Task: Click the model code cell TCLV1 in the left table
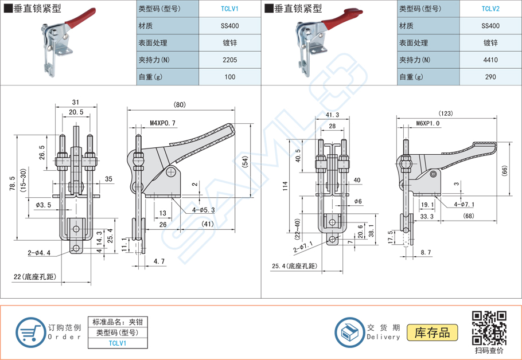tap(230, 9)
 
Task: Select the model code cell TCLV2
tap(490, 9)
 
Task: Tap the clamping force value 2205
tap(230, 60)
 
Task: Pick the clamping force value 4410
tap(490, 60)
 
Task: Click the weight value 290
tap(490, 77)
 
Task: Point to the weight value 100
tap(230, 77)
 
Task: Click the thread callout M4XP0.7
tap(162, 123)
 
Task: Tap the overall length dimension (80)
tap(179, 104)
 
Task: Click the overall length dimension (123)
tap(445, 114)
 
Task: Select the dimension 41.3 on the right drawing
tap(332, 115)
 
